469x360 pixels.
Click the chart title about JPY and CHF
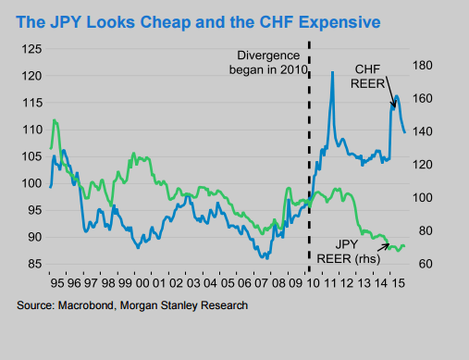click(202, 19)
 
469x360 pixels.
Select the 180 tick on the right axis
click(426, 65)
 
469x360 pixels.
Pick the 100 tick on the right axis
click(426, 198)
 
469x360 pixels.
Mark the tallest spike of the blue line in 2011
click(332, 71)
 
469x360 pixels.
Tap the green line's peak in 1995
click(56, 120)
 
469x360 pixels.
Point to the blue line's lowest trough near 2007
click(265, 257)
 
